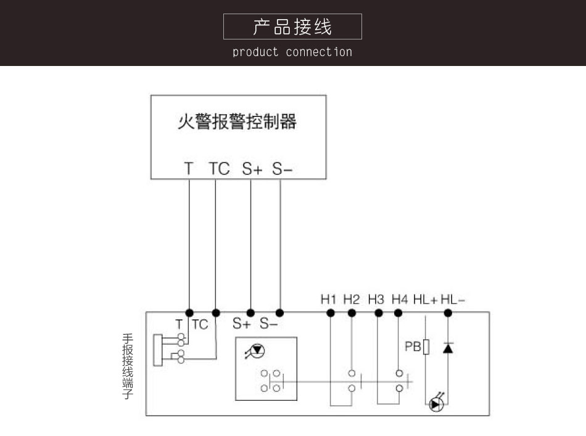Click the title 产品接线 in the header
(292, 27)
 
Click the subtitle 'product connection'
(292, 52)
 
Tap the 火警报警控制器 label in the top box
(237, 121)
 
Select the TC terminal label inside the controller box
(219, 168)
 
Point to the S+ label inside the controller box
(252, 168)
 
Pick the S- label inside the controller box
(282, 168)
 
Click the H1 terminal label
(329, 300)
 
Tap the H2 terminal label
(352, 300)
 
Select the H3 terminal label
(376, 300)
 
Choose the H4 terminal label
(400, 300)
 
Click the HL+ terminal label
(425, 300)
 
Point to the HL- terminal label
(453, 300)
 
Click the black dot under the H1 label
(331, 313)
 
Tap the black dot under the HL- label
(448, 313)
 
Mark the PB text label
(412, 347)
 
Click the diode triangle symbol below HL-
(448, 347)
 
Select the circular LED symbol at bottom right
(435, 405)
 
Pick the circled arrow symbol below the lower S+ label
(255, 351)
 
